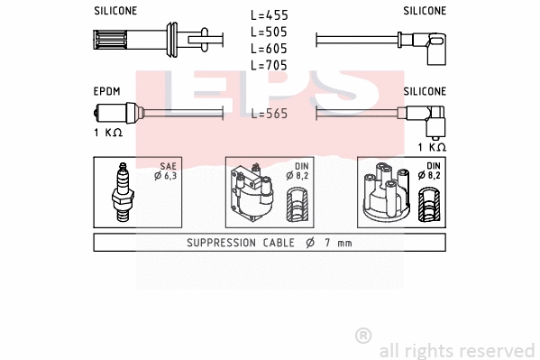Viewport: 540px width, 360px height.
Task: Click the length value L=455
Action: click(270, 15)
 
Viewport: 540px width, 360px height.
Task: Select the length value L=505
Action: click(270, 32)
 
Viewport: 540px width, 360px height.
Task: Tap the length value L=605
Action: click(270, 48)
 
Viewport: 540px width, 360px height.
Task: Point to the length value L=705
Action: click(270, 64)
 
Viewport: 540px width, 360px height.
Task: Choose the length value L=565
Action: click(270, 114)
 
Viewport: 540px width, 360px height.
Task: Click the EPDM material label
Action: click(107, 91)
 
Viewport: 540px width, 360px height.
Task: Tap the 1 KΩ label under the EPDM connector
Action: click(107, 133)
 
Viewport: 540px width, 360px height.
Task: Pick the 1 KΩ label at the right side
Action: click(431, 146)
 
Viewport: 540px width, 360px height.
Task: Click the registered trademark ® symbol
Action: click(363, 335)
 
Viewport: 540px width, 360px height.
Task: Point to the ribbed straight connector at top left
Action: click(117, 42)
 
